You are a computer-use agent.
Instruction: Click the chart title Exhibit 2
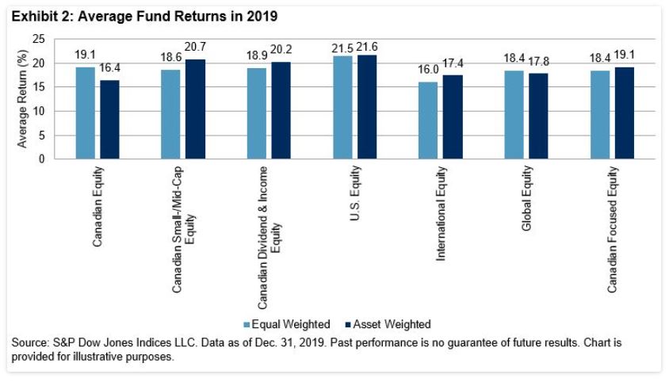point(144,16)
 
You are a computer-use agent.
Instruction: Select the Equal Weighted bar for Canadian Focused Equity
point(599,114)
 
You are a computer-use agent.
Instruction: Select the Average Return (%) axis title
point(23,98)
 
